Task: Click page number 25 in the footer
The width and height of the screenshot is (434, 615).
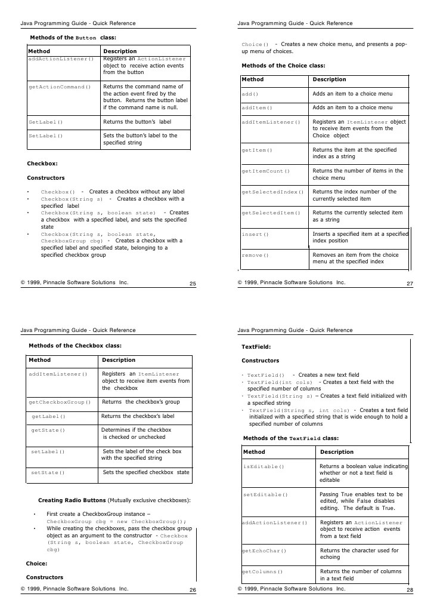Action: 193,284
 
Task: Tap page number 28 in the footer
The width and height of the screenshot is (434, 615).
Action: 410,591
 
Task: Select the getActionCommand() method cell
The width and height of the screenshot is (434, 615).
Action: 60,87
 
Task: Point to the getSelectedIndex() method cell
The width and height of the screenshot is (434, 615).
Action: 272,192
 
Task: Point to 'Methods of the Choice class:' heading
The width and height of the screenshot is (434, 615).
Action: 283,66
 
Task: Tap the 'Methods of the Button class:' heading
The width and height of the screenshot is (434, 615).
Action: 73,37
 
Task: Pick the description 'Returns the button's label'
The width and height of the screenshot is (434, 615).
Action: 137,122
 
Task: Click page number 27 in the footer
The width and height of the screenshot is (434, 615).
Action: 410,284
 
